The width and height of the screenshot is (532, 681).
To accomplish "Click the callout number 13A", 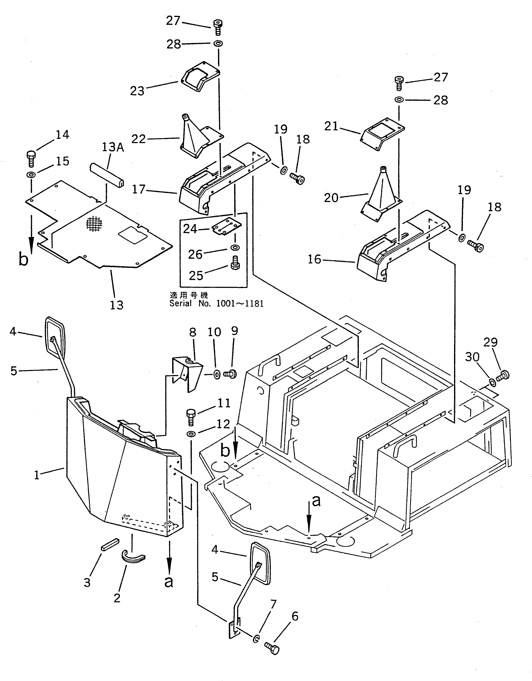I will tap(113, 147).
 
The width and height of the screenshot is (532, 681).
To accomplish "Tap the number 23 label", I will tap(137, 91).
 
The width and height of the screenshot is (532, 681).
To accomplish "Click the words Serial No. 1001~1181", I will tap(216, 303).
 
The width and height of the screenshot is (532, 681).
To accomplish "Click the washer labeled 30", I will tap(493, 382).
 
